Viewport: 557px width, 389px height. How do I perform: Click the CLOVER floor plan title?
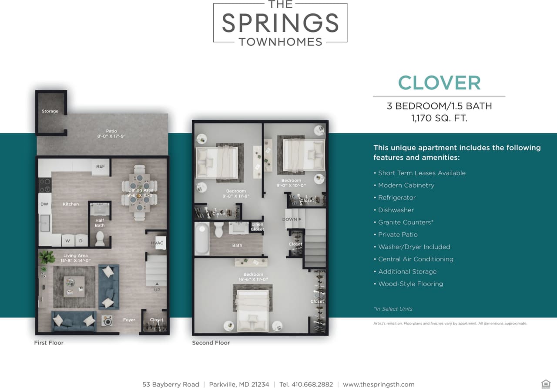[439, 83]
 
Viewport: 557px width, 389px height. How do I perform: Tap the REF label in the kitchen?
[101, 166]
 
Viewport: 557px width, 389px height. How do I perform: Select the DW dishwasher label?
[44, 204]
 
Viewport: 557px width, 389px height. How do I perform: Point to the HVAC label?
[157, 243]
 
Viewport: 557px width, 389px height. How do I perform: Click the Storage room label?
[50, 111]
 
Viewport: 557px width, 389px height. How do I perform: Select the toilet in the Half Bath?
[100, 238]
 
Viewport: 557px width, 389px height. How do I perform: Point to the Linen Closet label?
[257, 227]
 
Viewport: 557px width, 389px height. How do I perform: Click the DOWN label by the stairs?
[291, 220]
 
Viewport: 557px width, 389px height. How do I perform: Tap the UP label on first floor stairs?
[157, 290]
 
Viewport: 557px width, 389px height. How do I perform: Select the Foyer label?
[129, 320]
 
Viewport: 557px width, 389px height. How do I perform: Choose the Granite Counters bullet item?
[406, 222]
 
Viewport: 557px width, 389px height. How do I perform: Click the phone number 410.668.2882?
[306, 384]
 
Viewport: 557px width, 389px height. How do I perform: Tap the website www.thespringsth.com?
[379, 384]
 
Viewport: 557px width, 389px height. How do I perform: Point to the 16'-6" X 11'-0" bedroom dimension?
[253, 279]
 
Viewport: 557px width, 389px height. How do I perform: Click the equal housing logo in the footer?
[545, 384]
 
